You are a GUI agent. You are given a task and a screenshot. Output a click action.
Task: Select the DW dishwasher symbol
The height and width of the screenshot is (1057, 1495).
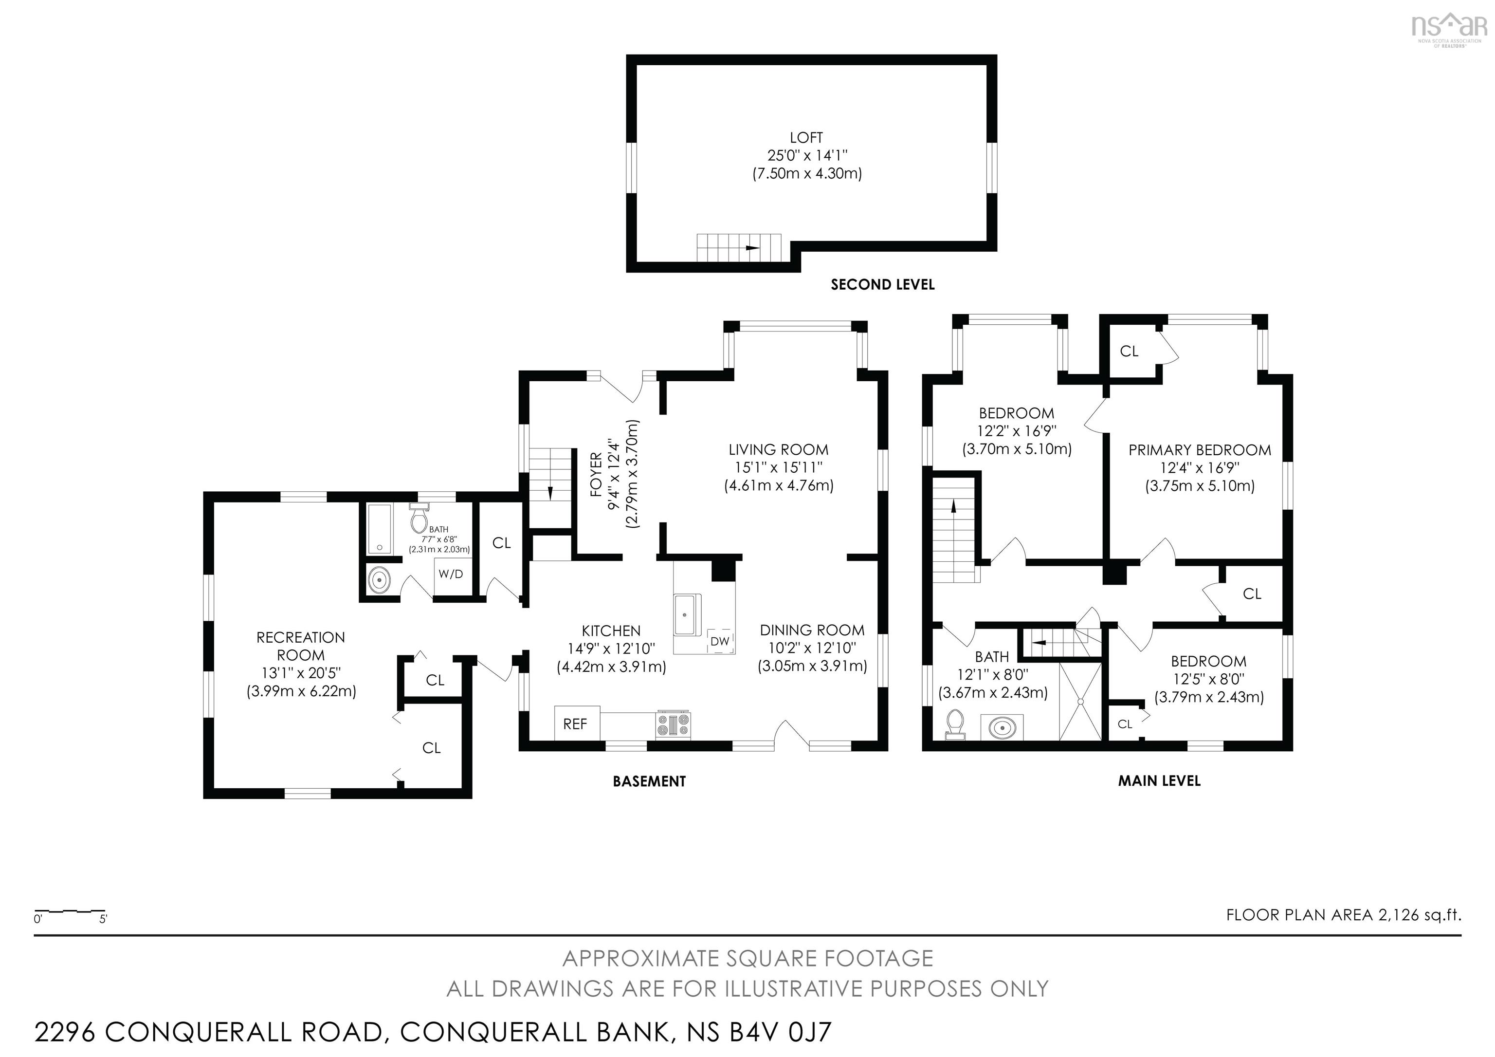tap(720, 642)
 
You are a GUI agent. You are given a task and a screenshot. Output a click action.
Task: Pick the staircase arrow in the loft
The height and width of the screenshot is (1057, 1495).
tap(752, 247)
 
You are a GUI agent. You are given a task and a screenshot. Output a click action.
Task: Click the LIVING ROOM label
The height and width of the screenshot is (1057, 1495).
tap(778, 449)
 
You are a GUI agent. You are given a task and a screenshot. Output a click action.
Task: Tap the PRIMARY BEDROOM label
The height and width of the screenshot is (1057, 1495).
tap(1200, 450)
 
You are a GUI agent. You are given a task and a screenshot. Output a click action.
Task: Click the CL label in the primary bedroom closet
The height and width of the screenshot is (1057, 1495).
tap(1129, 352)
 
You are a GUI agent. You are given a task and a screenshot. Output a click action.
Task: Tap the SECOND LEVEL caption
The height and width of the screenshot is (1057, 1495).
tap(882, 285)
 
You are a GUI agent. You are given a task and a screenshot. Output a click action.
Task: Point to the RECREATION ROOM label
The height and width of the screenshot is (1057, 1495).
tap(300, 646)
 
